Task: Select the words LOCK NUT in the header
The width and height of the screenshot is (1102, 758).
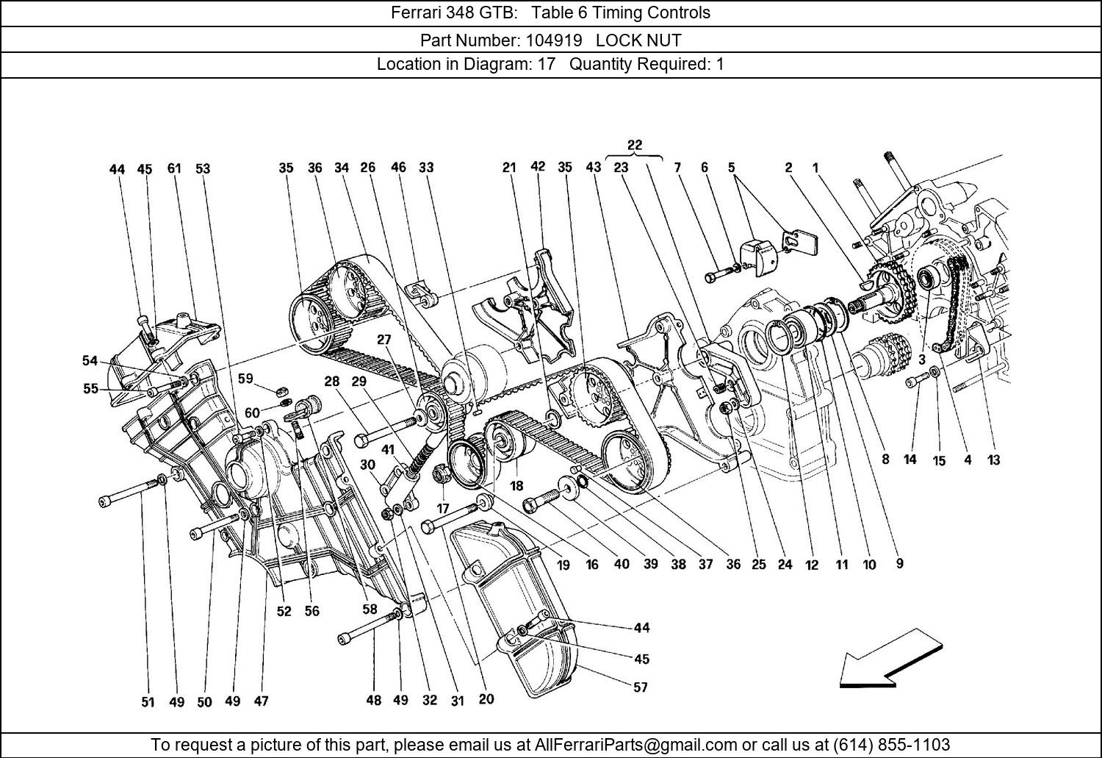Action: (638, 40)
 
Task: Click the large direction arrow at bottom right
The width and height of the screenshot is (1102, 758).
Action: (890, 659)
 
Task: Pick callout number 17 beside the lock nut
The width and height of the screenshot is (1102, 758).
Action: (443, 507)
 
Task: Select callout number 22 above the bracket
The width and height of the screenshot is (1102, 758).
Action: (635, 145)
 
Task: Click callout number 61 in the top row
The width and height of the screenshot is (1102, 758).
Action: (173, 168)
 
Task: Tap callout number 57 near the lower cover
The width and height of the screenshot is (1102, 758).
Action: (641, 687)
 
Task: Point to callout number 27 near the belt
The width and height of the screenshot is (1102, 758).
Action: (384, 340)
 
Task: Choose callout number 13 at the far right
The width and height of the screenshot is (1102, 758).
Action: (993, 460)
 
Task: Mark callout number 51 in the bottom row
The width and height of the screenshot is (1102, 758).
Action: (148, 701)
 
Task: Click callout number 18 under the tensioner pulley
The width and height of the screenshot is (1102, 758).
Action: (516, 486)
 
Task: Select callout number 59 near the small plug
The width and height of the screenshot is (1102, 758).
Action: (245, 379)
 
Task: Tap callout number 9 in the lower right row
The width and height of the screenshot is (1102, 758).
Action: (899, 564)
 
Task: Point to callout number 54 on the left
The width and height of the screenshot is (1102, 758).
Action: (90, 360)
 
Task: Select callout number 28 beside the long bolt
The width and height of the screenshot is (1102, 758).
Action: (332, 381)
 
